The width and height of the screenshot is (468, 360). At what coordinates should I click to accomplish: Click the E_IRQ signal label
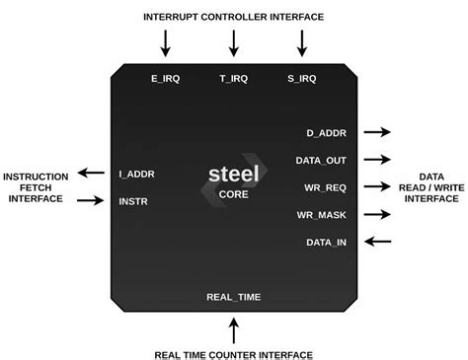(x=166, y=79)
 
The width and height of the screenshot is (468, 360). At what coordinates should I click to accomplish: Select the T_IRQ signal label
(x=234, y=79)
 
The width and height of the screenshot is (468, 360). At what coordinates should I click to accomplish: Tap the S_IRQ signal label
(x=302, y=79)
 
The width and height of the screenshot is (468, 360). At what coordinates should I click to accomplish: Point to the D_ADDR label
(x=327, y=133)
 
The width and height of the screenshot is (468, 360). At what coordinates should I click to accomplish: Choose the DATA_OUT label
(x=321, y=161)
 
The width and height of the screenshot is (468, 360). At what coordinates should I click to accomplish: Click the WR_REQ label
(x=325, y=187)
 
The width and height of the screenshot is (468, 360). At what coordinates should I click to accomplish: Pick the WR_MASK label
(x=322, y=215)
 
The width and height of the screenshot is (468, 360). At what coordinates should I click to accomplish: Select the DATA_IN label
(x=327, y=243)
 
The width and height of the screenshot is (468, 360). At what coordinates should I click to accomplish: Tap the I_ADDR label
(x=136, y=175)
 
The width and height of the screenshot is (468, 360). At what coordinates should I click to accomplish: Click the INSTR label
(x=133, y=201)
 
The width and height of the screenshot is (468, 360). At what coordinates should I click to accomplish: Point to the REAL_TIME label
(x=234, y=297)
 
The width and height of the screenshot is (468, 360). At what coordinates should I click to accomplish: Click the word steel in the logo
(x=234, y=174)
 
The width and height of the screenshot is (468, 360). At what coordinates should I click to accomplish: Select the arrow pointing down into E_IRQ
(x=166, y=43)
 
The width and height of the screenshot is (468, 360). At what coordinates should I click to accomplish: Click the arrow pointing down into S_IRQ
(x=302, y=43)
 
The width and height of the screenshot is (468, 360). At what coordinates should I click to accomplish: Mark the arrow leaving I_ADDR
(x=91, y=173)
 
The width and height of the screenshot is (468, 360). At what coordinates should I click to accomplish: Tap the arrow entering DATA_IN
(x=378, y=242)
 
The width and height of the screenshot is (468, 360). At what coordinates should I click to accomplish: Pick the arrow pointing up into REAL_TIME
(x=234, y=330)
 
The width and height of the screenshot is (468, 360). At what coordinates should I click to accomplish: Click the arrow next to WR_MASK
(x=377, y=214)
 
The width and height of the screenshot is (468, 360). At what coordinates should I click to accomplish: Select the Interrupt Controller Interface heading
(x=234, y=17)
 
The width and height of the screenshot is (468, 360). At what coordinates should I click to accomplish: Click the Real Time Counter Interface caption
(x=234, y=355)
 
